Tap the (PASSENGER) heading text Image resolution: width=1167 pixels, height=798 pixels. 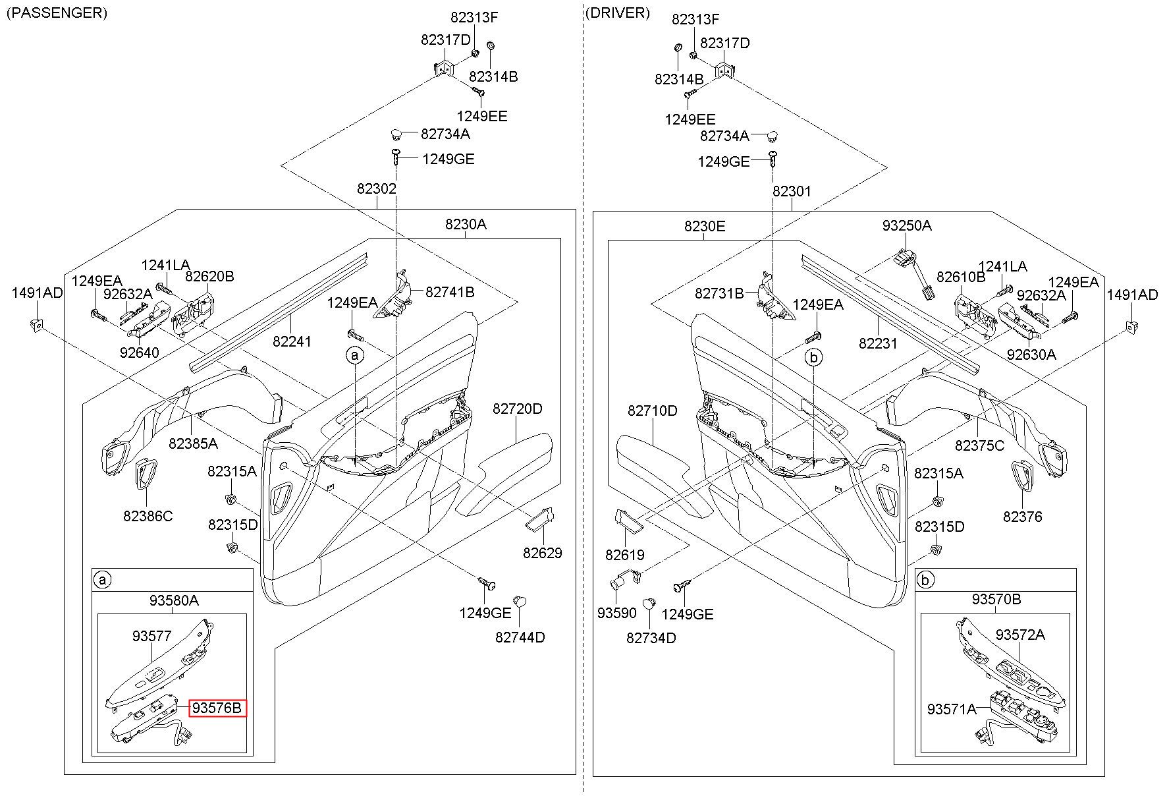[57, 13]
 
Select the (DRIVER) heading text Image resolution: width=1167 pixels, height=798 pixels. [617, 13]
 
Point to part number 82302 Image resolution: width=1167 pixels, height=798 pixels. [377, 189]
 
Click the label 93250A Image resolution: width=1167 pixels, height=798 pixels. [907, 225]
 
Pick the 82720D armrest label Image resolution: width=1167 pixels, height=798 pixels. [518, 409]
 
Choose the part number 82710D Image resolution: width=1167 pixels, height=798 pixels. [652, 411]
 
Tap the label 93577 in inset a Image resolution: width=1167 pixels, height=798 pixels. [152, 636]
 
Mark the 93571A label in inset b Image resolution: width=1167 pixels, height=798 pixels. [952, 709]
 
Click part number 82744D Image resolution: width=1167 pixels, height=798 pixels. [520, 637]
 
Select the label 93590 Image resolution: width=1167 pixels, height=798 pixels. [617, 613]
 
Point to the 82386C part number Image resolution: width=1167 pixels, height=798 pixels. [148, 516]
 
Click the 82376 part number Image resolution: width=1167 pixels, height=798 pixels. [1023, 517]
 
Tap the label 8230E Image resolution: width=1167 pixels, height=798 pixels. [705, 227]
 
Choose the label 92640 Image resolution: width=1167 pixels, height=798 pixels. [140, 353]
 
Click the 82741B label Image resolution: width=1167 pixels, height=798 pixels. [450, 291]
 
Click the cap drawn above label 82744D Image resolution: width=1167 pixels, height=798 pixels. [518, 600]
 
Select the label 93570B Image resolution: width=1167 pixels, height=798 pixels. [996, 600]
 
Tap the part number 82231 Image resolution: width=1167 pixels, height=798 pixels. [878, 343]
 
